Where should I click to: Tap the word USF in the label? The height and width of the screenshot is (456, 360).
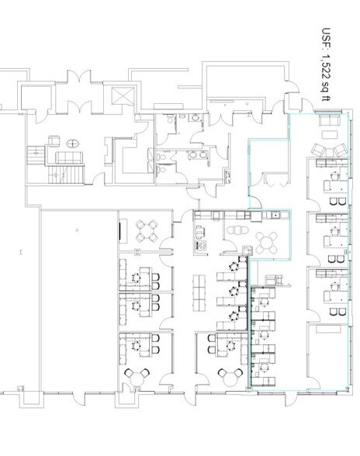click(x=326, y=38)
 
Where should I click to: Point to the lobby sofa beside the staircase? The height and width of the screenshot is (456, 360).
click(x=69, y=157)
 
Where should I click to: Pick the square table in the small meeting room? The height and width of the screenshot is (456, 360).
click(x=147, y=231)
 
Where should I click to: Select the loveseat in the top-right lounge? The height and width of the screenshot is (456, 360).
click(x=330, y=120)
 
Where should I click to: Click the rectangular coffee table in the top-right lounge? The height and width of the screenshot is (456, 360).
click(x=330, y=135)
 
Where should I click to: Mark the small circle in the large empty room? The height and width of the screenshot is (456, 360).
click(x=77, y=230)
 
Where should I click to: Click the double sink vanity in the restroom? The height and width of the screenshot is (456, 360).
click(x=198, y=155)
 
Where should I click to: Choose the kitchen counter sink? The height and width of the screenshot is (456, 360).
click(x=275, y=216)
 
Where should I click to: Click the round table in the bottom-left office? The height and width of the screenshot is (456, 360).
click(x=137, y=378)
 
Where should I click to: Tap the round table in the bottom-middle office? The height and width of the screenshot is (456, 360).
click(x=230, y=378)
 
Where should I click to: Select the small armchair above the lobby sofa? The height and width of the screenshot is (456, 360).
click(x=54, y=141)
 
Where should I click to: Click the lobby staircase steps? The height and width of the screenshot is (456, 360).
click(x=66, y=174)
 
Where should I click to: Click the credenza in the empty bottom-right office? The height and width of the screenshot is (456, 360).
click(x=328, y=329)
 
